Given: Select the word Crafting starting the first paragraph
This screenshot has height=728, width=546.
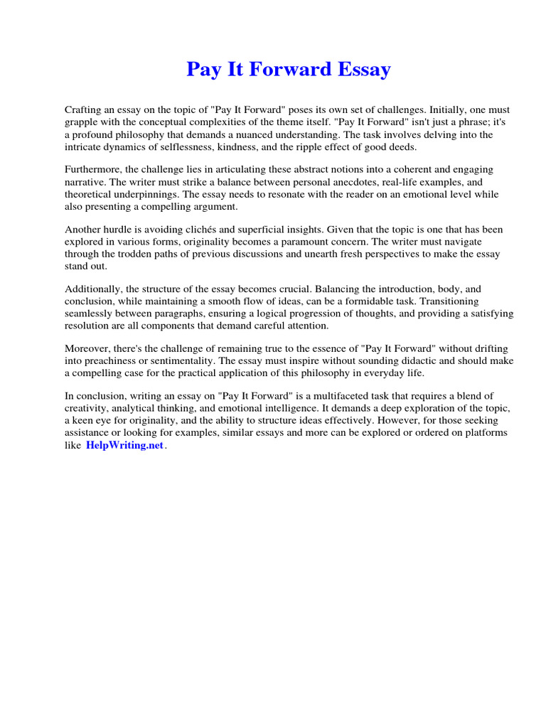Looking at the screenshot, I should click(x=85, y=110).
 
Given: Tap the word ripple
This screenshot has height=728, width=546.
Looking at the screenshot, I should click(x=333, y=146).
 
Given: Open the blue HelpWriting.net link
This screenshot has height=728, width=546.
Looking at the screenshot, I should click(x=124, y=445).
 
